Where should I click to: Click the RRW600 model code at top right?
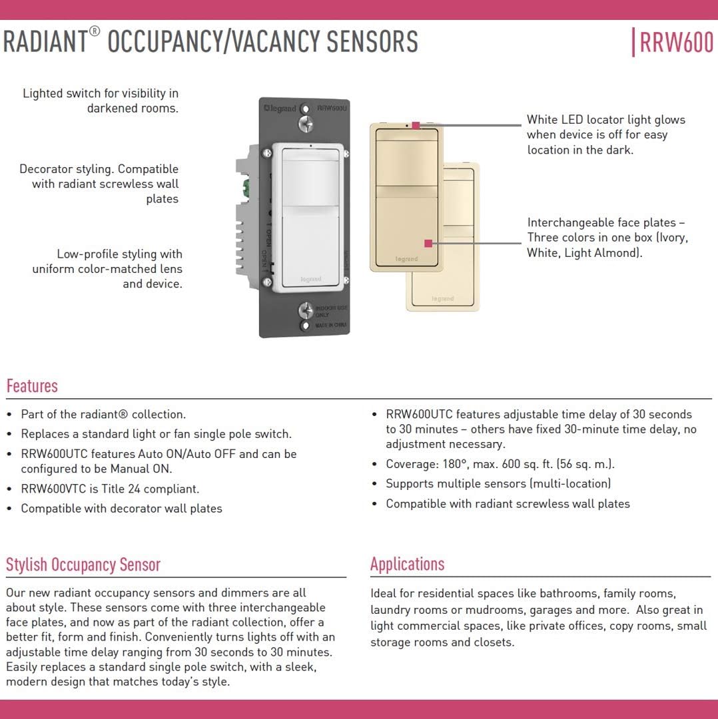[676, 43]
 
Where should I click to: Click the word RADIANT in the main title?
[45, 42]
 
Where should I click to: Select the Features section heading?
[32, 386]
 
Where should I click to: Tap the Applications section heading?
[407, 564]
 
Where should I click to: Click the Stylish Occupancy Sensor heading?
[83, 565]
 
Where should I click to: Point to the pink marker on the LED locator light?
[416, 125]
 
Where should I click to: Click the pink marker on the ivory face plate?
[428, 244]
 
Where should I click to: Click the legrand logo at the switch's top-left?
[280, 109]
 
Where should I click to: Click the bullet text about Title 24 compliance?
[110, 489]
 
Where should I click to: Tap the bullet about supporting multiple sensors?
[498, 484]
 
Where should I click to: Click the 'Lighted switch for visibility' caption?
[101, 101]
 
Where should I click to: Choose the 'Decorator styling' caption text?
[99, 184]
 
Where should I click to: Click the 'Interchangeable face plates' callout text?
[607, 238]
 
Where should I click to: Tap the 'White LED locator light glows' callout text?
[605, 134]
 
